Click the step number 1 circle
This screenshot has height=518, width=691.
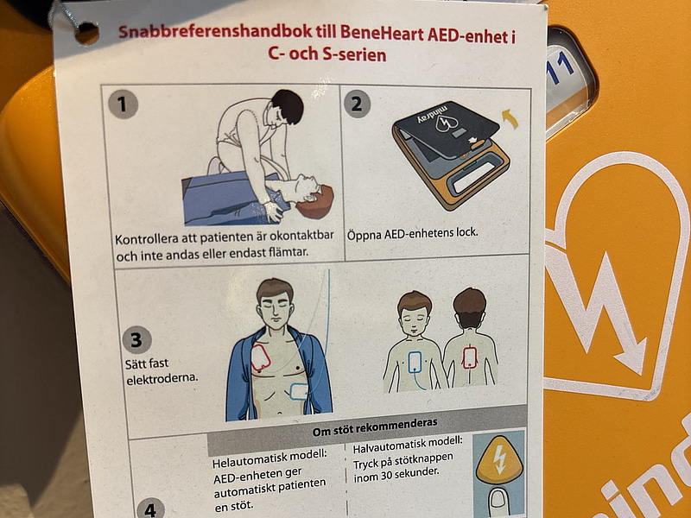tap(124, 104)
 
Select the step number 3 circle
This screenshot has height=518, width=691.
tap(136, 338)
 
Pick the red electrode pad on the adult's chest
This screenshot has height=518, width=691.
tap(262, 358)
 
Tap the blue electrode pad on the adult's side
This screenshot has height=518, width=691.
tap(300, 391)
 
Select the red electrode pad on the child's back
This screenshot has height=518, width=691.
tap(471, 357)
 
